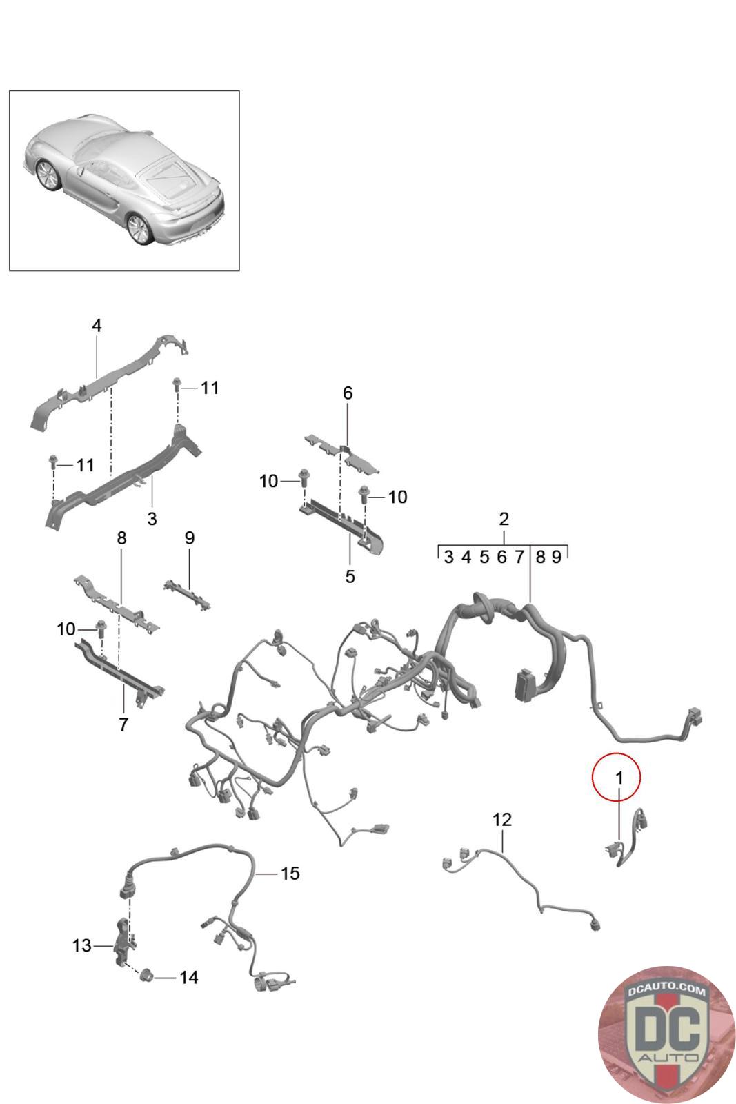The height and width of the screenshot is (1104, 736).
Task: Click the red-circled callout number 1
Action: click(619, 778)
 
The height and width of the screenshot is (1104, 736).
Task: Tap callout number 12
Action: click(502, 820)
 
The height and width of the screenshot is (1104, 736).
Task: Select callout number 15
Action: click(290, 874)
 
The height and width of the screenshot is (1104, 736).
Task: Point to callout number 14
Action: click(189, 978)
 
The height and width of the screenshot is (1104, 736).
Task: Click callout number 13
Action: click(81, 945)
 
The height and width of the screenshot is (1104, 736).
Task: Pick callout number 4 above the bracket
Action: click(97, 326)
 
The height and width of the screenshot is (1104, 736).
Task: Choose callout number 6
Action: click(348, 393)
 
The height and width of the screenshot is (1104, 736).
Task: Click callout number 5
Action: click(350, 576)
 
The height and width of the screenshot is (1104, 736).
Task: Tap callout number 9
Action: click(190, 538)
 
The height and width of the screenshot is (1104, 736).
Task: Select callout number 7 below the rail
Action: click(123, 724)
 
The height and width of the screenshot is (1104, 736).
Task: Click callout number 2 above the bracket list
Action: click(504, 519)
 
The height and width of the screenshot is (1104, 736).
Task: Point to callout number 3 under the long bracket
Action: click(152, 518)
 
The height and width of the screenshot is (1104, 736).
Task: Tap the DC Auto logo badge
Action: click(666, 1034)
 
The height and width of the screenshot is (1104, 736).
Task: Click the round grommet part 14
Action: click(146, 976)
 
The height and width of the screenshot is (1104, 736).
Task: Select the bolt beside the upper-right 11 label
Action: click(177, 388)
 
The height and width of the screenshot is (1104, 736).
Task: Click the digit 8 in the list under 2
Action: click(541, 557)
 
